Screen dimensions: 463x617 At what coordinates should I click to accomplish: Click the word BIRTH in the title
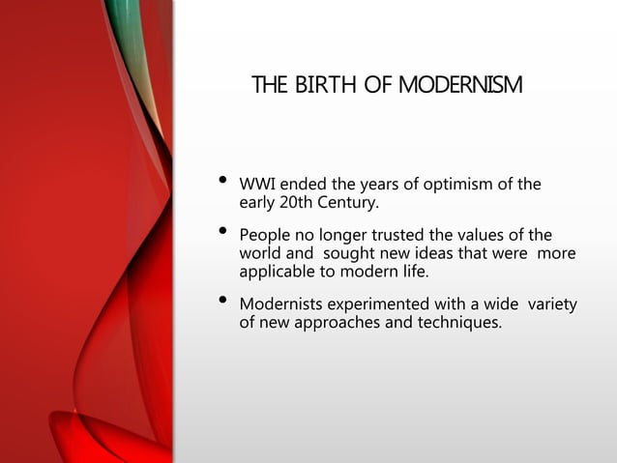pyautogui.click(x=310, y=86)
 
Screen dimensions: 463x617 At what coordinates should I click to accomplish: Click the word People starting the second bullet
pyautogui.click(x=265, y=235)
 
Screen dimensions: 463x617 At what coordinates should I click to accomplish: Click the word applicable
pyautogui.click(x=279, y=272)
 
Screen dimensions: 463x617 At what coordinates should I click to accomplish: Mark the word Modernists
pyautogui.click(x=281, y=305)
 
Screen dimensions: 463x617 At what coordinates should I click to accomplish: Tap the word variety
pyautogui.click(x=550, y=305)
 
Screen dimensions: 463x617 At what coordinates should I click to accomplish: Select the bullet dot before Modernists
pyautogui.click(x=222, y=304)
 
